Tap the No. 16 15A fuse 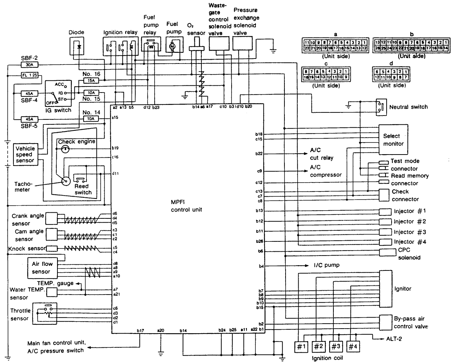(91, 80)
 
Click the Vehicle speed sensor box (25, 155)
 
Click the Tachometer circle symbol (66, 181)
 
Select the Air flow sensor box (42, 268)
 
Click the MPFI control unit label (186, 206)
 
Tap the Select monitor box (393, 139)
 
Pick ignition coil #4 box (351, 346)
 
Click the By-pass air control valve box (385, 322)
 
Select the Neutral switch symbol (381, 107)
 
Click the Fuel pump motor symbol (173, 46)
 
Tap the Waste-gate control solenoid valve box (220, 45)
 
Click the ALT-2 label (394, 339)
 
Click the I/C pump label (326, 265)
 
